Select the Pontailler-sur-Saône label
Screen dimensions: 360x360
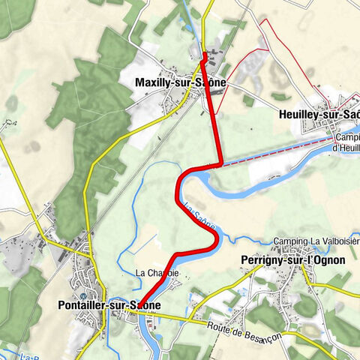point(108,305)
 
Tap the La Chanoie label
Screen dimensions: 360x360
point(157,273)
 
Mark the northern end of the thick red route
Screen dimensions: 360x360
point(205,54)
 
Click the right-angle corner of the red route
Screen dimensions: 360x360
point(220,163)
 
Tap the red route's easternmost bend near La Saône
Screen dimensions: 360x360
point(217,238)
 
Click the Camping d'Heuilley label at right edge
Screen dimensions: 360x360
point(346,142)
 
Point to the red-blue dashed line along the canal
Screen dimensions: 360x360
point(277,150)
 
